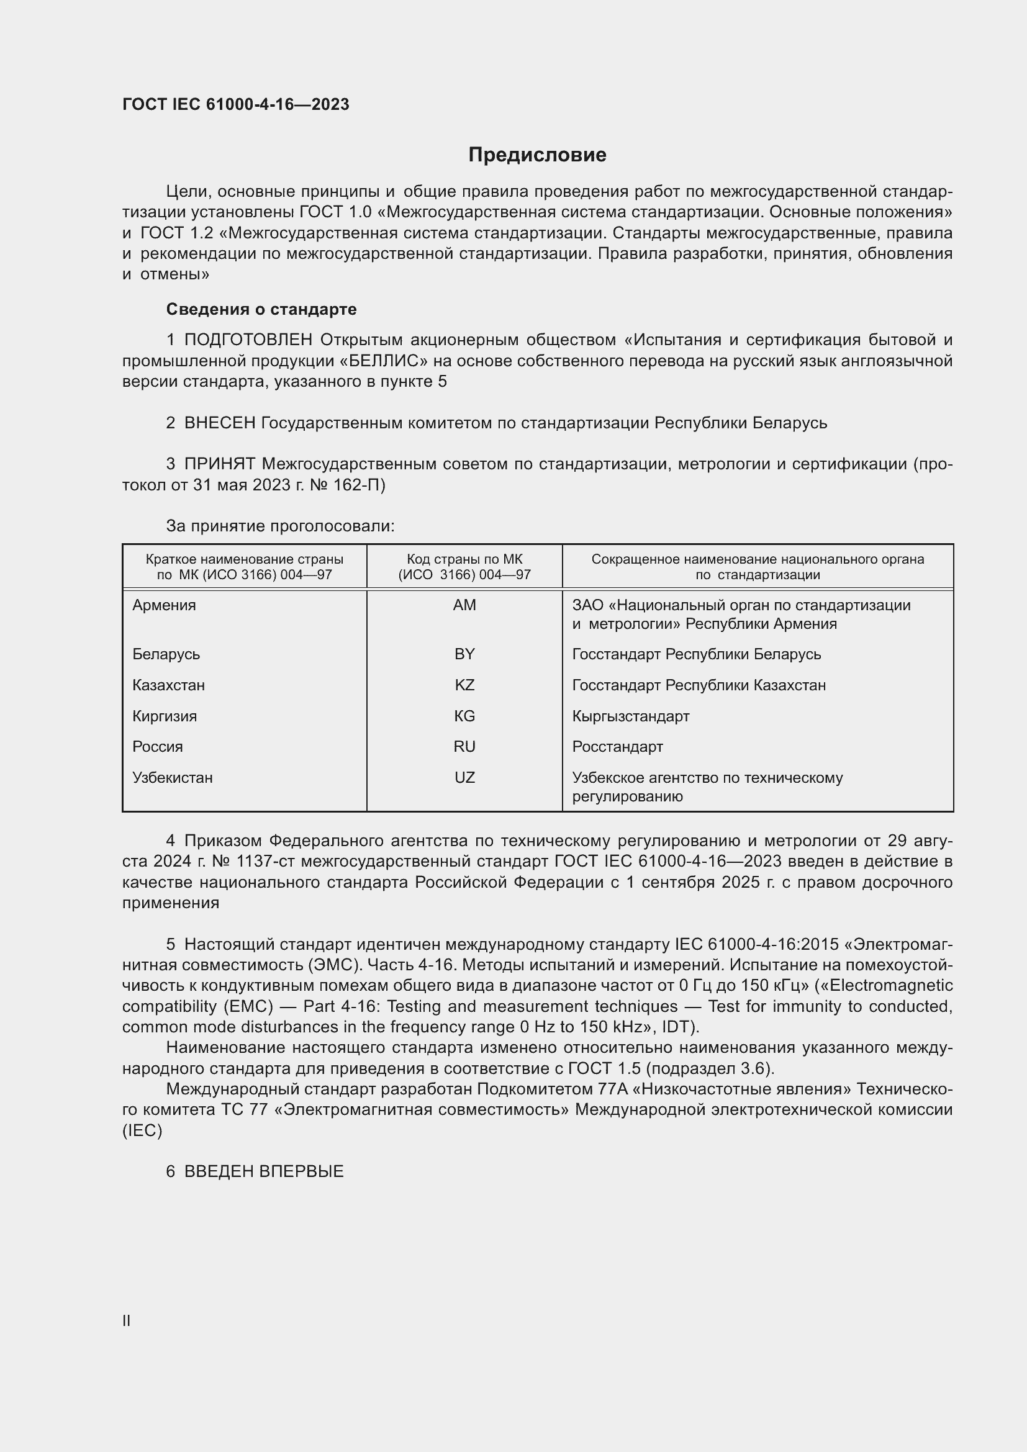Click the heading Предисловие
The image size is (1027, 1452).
point(537,155)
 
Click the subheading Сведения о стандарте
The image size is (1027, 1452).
point(261,309)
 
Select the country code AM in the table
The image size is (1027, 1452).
point(464,605)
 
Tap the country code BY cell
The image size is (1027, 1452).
point(464,654)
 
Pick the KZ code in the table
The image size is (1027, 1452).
point(464,685)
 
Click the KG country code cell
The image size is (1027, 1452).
point(464,716)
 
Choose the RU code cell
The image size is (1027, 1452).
point(464,746)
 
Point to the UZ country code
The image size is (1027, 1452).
point(464,777)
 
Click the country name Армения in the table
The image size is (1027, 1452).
point(165,605)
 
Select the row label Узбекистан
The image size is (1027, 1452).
point(173,777)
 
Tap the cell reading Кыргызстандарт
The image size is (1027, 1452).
point(630,716)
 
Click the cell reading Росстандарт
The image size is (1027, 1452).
point(617,746)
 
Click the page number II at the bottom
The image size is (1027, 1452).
point(127,1320)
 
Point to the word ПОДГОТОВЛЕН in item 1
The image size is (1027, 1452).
point(248,340)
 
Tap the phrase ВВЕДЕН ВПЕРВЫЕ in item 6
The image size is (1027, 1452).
point(264,1171)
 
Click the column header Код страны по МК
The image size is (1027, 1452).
point(464,559)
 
